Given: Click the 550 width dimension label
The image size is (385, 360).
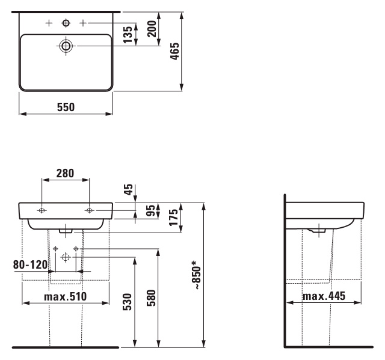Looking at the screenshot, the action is (x=66, y=107).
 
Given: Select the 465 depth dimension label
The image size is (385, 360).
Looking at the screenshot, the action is (x=175, y=51).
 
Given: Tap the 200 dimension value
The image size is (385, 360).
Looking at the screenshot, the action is (x=152, y=29).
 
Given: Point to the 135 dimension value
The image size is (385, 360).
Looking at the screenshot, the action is (x=128, y=35).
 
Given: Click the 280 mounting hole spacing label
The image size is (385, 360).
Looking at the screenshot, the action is (x=65, y=173).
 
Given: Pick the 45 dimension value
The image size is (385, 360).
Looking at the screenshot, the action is (x=128, y=189).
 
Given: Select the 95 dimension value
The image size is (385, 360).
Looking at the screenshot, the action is (x=151, y=210).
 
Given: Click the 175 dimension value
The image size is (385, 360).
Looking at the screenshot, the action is (x=173, y=218).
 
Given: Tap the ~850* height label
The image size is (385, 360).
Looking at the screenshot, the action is (x=197, y=275).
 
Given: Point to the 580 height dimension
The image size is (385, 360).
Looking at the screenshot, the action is (x=151, y=298).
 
